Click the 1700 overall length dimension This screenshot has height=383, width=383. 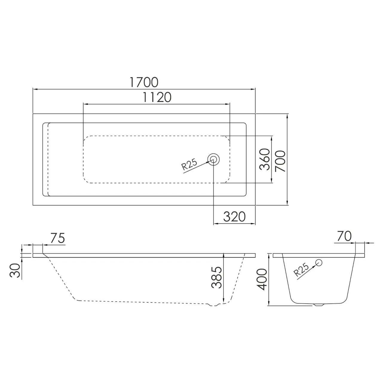click(x=144, y=82)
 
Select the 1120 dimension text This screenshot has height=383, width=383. click(x=157, y=97)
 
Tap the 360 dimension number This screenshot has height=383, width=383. click(x=265, y=159)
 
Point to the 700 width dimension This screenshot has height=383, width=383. click(x=280, y=161)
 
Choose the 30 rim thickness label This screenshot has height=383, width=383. click(x=15, y=270)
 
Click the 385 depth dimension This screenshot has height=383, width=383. click(x=216, y=278)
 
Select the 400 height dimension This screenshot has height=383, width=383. click(x=262, y=279)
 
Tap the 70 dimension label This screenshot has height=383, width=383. click(x=344, y=236)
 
